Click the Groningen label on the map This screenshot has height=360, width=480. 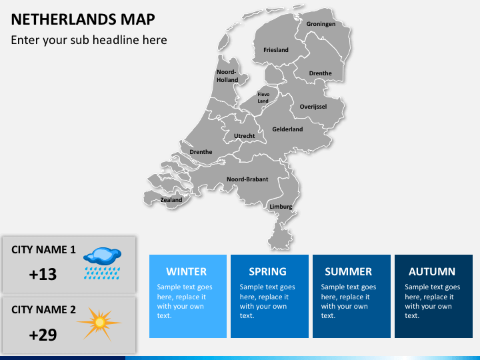click(x=321, y=24)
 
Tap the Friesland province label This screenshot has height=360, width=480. click(x=276, y=50)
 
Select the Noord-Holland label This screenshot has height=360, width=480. click(x=227, y=76)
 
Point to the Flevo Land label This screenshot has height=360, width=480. click(x=263, y=97)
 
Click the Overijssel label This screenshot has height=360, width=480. click(x=313, y=107)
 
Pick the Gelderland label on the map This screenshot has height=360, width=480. click(x=287, y=129)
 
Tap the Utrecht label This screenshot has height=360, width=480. click(x=245, y=136)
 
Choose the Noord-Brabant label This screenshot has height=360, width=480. click(x=247, y=179)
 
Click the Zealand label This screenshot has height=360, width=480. click(x=171, y=200)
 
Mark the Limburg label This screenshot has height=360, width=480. click(x=281, y=207)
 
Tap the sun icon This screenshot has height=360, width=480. click(x=100, y=323)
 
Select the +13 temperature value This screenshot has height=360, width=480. click(x=43, y=274)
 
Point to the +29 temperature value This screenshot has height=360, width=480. click(x=43, y=335)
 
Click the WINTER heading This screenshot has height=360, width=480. click(x=187, y=271)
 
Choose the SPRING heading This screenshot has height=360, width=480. click(x=267, y=271)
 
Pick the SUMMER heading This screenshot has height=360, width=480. click(x=348, y=271)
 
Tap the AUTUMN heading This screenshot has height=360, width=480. click(x=432, y=271)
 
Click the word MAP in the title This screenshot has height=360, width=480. click(x=136, y=19)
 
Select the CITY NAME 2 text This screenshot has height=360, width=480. click(x=44, y=309)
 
